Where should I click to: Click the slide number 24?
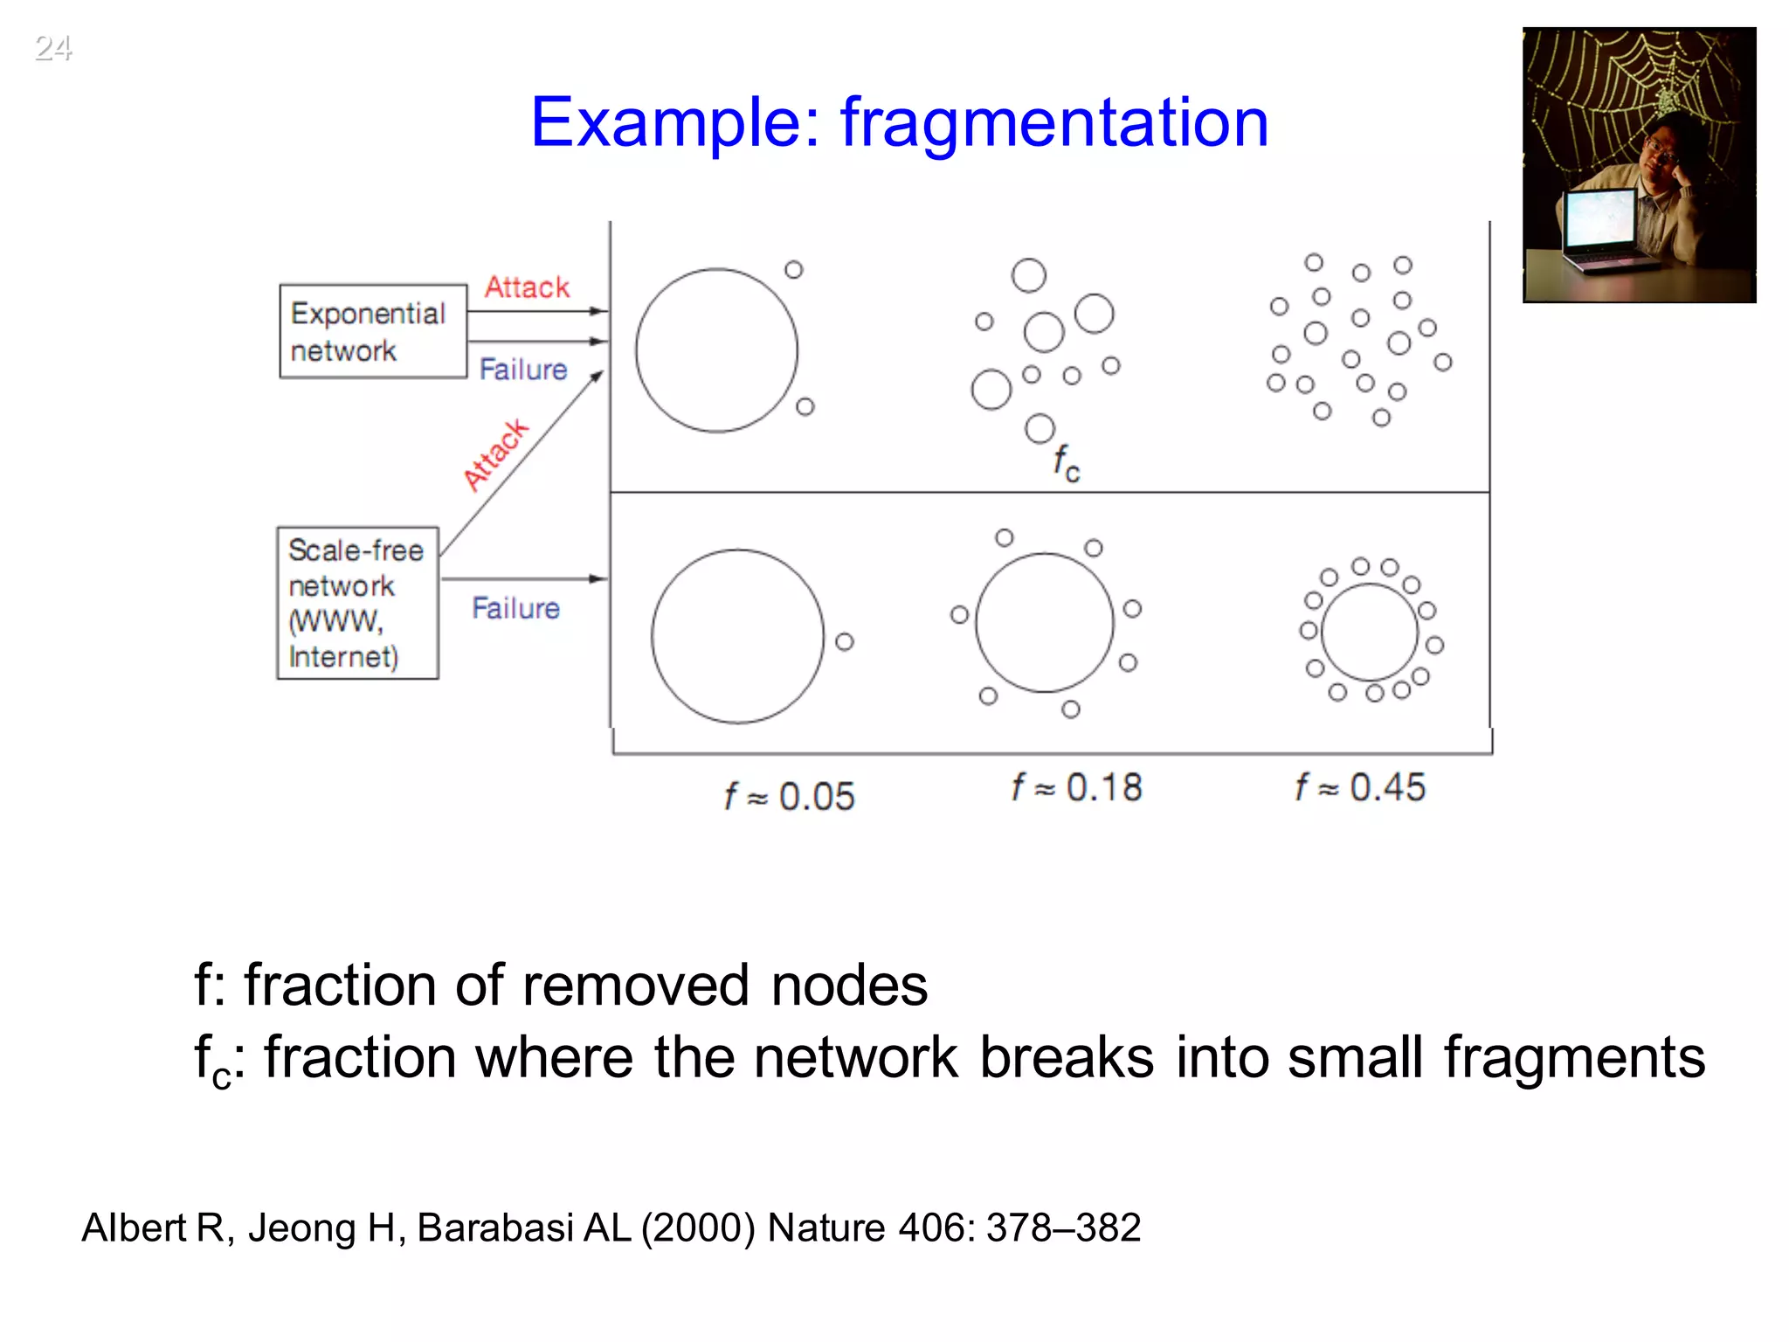(52, 47)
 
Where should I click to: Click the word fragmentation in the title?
(1053, 123)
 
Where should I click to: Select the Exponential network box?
(373, 331)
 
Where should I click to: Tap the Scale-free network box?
(357, 603)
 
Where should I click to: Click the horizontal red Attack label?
(527, 287)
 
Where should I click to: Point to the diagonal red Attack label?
(495, 455)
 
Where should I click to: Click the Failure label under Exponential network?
(523, 370)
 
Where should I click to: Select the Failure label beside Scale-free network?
(515, 608)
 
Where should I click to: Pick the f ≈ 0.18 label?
(1076, 788)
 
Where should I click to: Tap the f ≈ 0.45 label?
(1360, 788)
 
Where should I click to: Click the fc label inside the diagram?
(1066, 463)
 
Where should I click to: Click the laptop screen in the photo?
(1599, 217)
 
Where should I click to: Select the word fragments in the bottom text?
(1574, 1058)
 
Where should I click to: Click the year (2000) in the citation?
(698, 1228)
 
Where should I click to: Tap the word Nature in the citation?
(826, 1228)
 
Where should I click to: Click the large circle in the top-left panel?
(716, 350)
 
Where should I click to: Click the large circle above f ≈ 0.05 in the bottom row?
(737, 636)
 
